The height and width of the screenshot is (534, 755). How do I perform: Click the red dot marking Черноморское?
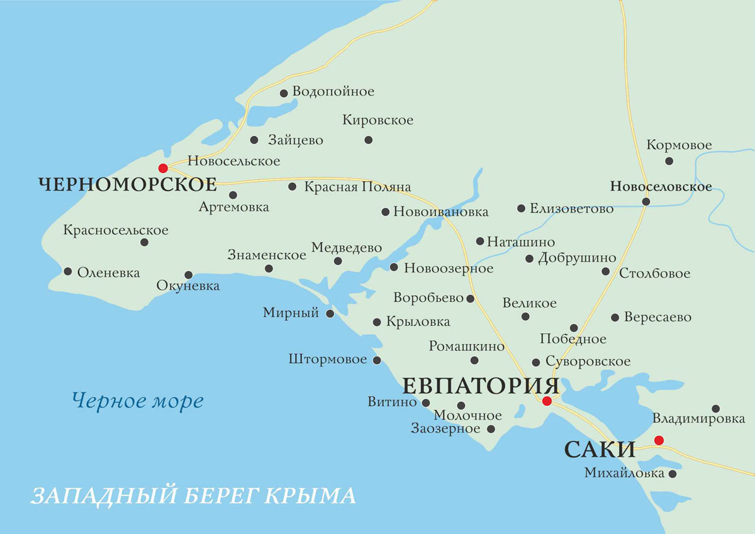[x=163, y=168]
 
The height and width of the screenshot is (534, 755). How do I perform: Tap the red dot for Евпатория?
[x=547, y=401]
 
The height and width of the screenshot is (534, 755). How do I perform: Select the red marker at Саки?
[x=659, y=440]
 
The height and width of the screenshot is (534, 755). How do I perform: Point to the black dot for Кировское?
[x=368, y=140]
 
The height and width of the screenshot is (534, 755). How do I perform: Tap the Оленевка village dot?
[x=68, y=272]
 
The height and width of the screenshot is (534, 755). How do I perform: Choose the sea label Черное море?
[x=137, y=400]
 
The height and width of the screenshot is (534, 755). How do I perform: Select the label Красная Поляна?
[x=357, y=187]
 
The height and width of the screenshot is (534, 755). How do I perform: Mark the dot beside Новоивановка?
[x=386, y=212]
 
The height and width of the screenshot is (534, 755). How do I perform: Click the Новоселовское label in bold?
[x=661, y=187]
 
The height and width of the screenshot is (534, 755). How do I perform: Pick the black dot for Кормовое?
[x=669, y=161]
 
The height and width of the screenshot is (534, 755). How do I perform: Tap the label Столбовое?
[x=654, y=274]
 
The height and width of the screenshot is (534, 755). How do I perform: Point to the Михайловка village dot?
[x=673, y=474]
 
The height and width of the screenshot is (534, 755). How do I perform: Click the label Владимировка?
[x=698, y=418]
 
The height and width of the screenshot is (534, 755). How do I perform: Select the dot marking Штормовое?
[x=377, y=360]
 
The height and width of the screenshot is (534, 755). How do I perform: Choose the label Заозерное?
[x=445, y=429]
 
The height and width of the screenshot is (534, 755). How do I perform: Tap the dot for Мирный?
[x=330, y=313]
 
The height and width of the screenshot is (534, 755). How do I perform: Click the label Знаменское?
[x=267, y=255]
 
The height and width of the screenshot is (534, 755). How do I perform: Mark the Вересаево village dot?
[x=615, y=318]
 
